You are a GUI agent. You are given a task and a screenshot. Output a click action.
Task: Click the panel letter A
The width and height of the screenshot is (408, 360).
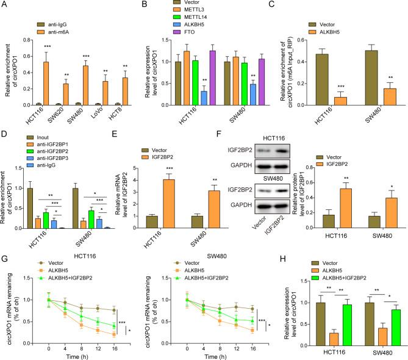(5, 5)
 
